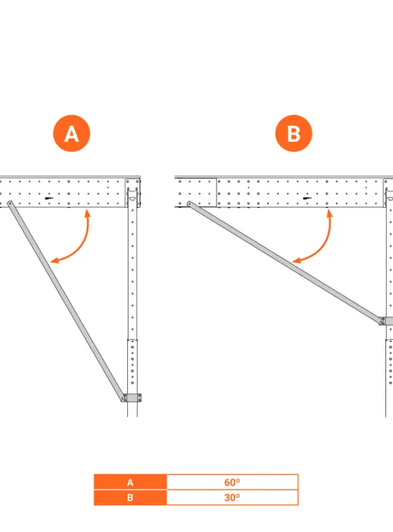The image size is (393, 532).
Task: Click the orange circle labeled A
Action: (x=71, y=134)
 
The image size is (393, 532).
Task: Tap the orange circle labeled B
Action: (x=294, y=134)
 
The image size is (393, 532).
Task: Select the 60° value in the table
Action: (x=232, y=482)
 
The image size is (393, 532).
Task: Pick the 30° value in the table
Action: (x=232, y=498)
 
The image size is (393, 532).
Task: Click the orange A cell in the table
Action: (x=130, y=482)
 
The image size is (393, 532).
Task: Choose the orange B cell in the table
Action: (x=130, y=498)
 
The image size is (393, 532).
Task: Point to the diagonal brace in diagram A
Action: (x=66, y=301)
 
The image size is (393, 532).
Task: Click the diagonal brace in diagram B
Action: (x=285, y=263)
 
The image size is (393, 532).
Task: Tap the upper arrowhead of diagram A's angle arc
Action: (x=88, y=213)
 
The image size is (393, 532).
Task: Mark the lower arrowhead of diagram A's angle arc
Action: (x=54, y=261)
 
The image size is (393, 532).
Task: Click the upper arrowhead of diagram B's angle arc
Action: (x=329, y=213)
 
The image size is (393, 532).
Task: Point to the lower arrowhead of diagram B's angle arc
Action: (x=296, y=261)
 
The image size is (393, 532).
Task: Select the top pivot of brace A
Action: (x=9, y=204)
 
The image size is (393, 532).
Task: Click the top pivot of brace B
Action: (x=189, y=204)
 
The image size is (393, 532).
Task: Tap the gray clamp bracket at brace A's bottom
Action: (x=132, y=398)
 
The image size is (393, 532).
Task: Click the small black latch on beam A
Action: (x=49, y=198)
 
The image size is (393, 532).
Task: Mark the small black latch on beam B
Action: (x=307, y=198)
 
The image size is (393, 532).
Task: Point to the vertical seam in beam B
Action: (x=217, y=192)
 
